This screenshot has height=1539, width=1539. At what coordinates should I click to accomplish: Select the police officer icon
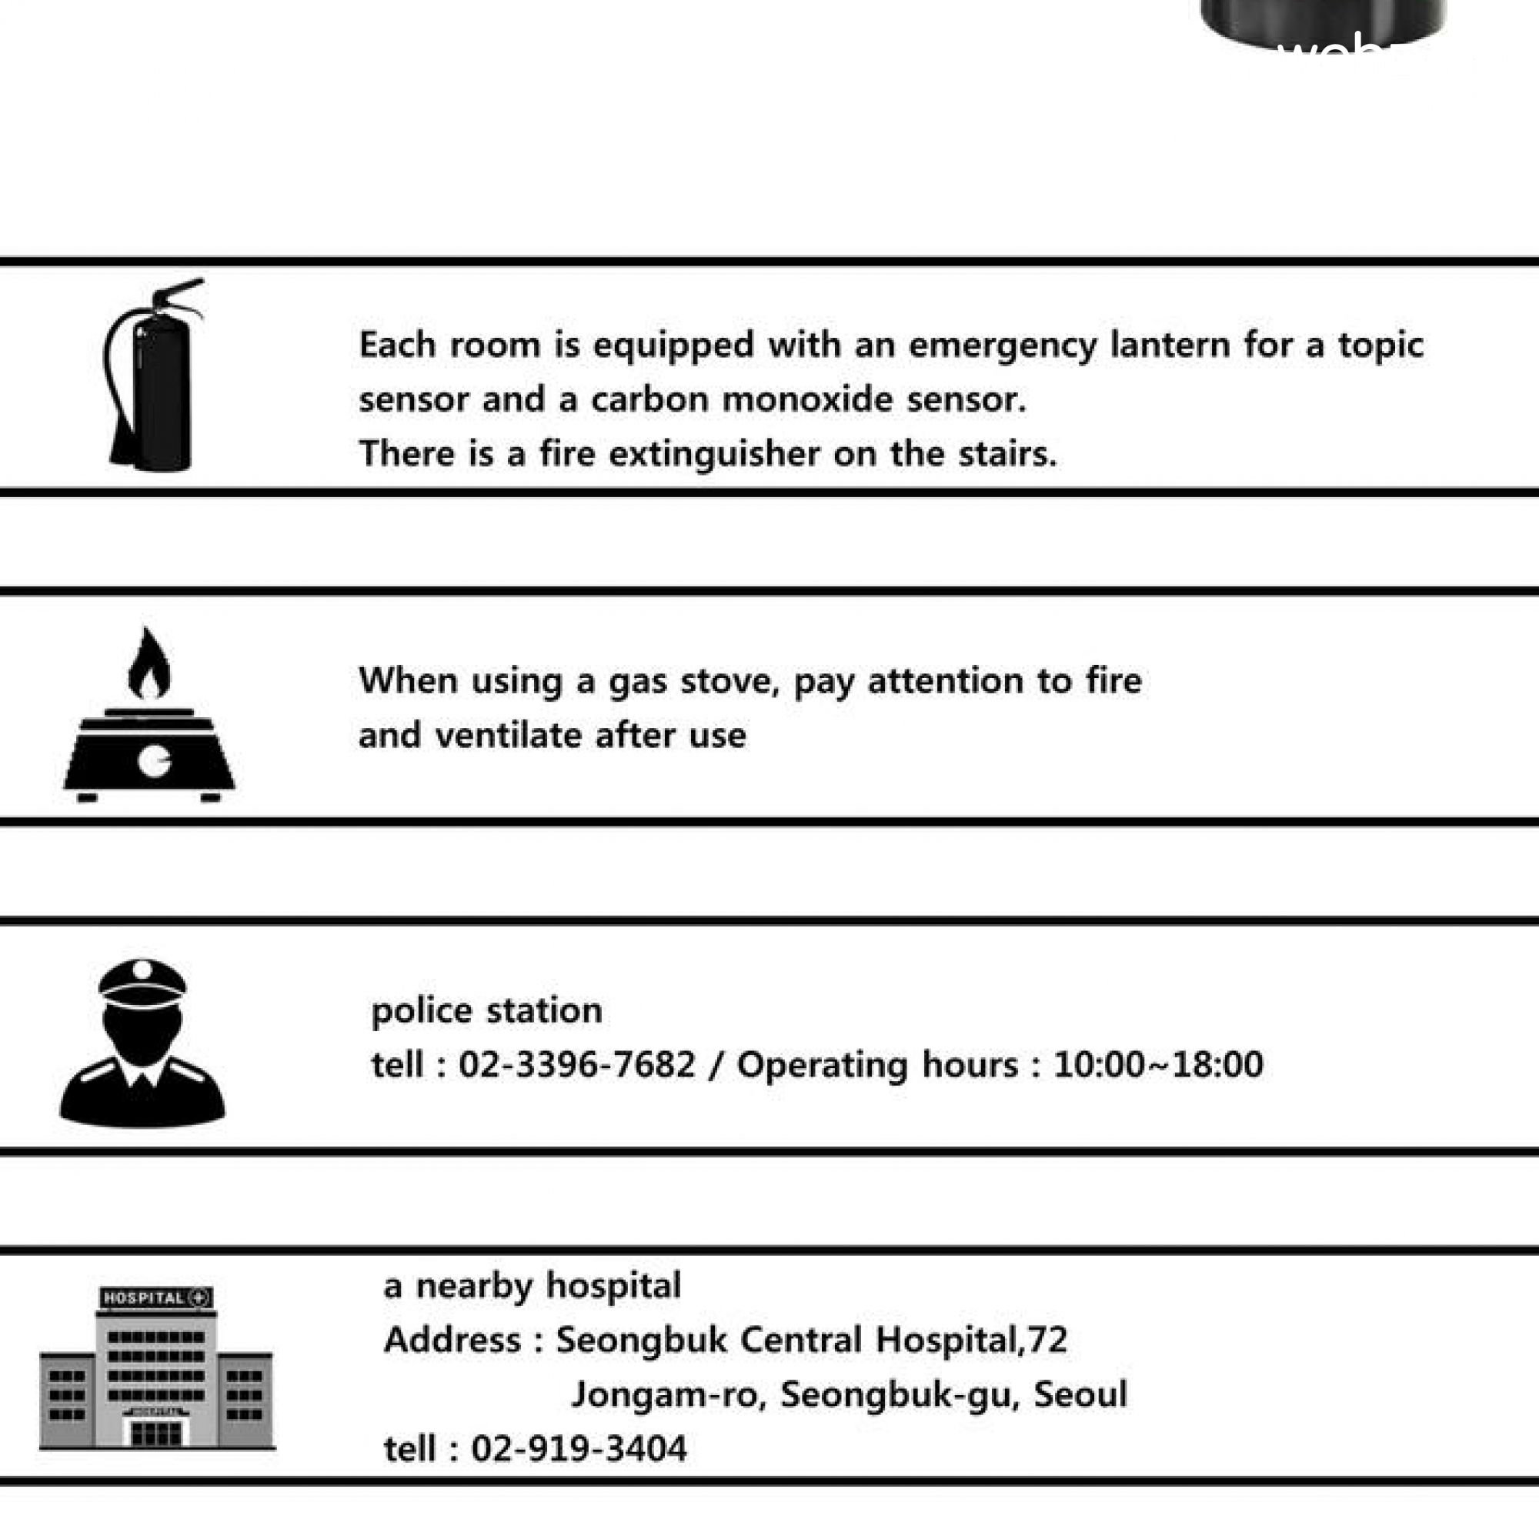tap(142, 1043)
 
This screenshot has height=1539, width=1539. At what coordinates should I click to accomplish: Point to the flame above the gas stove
tap(149, 665)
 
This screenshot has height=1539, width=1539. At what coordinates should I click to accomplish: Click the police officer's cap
tap(142, 981)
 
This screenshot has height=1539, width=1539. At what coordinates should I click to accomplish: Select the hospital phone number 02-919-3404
tap(579, 1449)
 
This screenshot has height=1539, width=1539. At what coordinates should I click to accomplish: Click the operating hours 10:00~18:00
tap(1158, 1065)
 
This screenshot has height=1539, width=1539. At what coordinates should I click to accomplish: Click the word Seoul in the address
tap(1080, 1395)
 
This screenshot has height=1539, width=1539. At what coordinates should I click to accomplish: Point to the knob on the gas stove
tap(154, 762)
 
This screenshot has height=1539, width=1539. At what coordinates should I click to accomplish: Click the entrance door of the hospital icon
tap(156, 1434)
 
